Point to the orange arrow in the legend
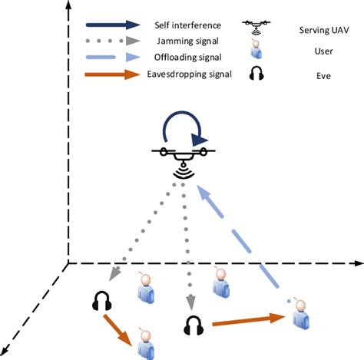tap(111, 74)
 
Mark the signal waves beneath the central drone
tap(182, 171)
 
